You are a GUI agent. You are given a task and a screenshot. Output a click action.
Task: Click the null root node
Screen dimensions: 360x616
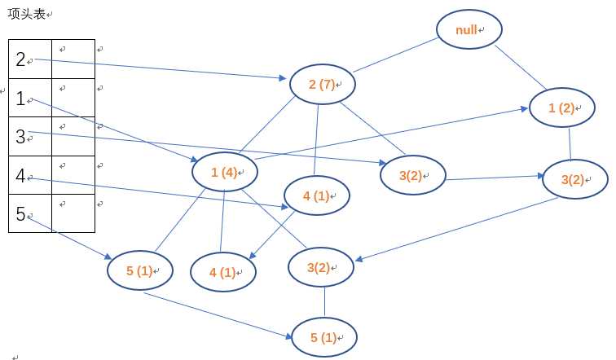point(468,30)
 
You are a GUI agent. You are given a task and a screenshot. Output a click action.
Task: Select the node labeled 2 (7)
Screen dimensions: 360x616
point(323,83)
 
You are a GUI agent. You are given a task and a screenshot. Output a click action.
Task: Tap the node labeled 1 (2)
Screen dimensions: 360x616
point(562,108)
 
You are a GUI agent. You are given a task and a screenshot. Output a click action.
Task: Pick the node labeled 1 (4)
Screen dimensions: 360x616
point(224,172)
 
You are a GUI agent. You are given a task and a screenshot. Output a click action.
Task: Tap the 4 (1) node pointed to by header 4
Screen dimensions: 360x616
point(316,195)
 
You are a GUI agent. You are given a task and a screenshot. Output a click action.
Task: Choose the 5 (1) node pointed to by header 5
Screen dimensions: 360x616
point(140,270)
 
